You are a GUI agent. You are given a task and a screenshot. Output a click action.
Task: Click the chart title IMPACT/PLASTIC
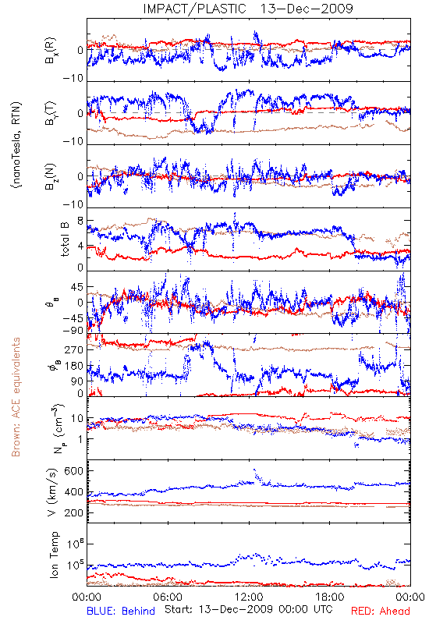(x=194, y=9)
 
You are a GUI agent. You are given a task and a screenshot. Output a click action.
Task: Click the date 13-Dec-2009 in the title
(x=307, y=9)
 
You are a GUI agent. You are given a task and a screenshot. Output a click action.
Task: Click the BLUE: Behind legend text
(x=121, y=611)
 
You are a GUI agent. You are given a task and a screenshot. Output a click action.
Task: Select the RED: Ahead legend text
(x=381, y=611)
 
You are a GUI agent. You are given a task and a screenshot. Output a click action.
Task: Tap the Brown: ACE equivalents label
(x=16, y=397)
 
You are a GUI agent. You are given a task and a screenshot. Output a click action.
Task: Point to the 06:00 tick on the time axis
(x=168, y=597)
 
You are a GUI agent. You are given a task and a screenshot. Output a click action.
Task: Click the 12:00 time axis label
(x=249, y=597)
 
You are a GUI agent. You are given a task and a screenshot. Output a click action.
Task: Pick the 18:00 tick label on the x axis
(x=330, y=597)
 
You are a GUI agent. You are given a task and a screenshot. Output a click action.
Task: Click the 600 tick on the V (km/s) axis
(x=74, y=471)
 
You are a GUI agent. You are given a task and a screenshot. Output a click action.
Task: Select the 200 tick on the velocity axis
(x=74, y=512)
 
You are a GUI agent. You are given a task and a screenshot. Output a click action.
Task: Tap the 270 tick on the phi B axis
(x=74, y=349)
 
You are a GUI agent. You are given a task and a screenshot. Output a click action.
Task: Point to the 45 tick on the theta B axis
(x=76, y=287)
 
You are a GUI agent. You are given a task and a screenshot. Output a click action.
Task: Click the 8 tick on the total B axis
(x=80, y=222)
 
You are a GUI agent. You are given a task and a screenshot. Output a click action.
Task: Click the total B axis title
(x=65, y=239)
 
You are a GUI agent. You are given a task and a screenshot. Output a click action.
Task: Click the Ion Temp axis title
(x=54, y=555)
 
